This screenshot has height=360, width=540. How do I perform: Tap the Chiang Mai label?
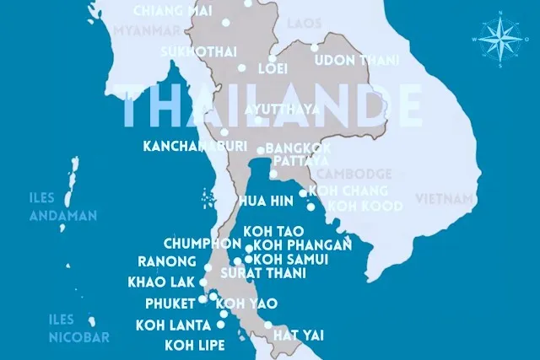click(x=173, y=10)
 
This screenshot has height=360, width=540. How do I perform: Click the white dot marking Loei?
click(x=242, y=68)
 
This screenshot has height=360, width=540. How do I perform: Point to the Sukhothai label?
click(x=199, y=51)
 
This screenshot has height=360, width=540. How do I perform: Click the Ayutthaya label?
click(x=282, y=110)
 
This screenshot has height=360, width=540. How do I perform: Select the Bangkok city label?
click(x=298, y=148)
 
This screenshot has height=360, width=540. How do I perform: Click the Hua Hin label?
click(x=266, y=201)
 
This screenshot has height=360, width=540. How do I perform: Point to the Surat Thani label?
click(x=262, y=274)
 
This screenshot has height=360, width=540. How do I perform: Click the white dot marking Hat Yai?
click(x=267, y=325)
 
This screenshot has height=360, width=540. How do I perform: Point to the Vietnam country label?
click(x=444, y=199)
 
